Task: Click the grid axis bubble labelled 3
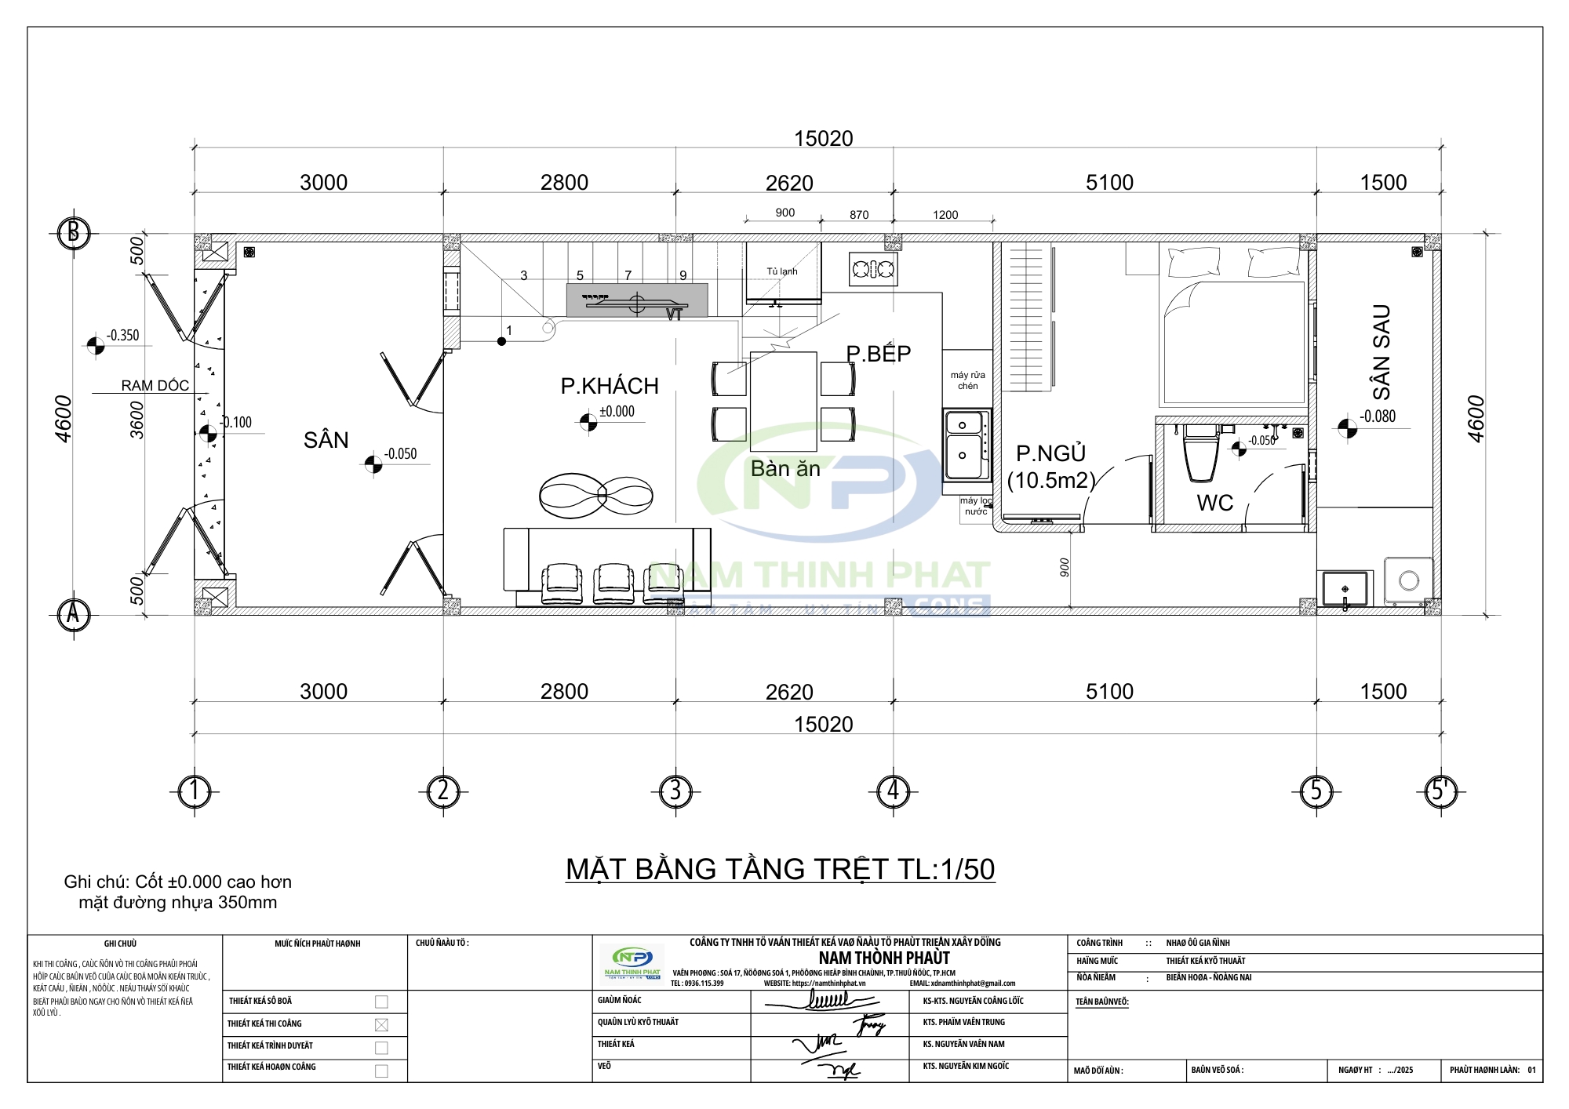(675, 791)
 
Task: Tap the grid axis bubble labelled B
(74, 233)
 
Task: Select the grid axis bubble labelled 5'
(1440, 791)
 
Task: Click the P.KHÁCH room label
(610, 386)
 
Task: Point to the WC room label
(1214, 503)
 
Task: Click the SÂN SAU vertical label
(1381, 352)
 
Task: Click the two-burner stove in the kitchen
(873, 270)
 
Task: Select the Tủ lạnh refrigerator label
(781, 271)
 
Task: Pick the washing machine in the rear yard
(1408, 581)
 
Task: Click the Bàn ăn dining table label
(785, 468)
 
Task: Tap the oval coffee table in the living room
(595, 495)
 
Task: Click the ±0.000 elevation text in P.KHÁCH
(617, 412)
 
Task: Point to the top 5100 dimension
(1109, 183)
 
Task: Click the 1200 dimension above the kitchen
(945, 215)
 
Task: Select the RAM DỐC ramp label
(155, 385)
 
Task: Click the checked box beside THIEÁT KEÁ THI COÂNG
(381, 1024)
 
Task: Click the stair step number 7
(628, 275)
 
